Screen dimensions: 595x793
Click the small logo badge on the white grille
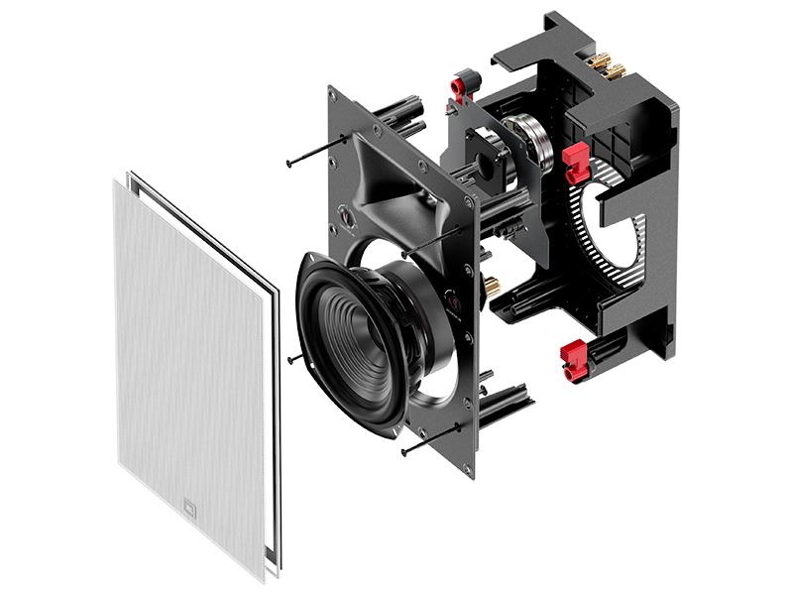click(192, 512)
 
